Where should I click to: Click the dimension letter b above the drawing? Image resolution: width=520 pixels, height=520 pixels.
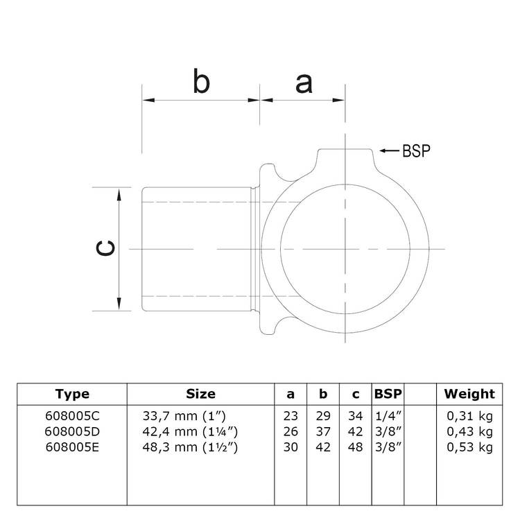pyautogui.click(x=200, y=83)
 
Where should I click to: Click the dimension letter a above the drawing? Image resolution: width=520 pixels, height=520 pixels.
pyautogui.click(x=303, y=83)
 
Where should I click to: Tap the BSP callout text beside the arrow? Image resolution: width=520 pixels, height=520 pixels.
pyautogui.click(x=417, y=150)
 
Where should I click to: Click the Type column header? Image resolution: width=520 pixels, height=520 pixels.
pyautogui.click(x=72, y=394)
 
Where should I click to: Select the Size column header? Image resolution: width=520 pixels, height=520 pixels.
pyautogui.click(x=200, y=394)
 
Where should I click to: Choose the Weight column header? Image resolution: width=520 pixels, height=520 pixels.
pyautogui.click(x=469, y=394)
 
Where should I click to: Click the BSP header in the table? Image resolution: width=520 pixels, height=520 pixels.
pyautogui.click(x=388, y=394)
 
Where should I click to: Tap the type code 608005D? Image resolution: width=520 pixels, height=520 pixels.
pyautogui.click(x=72, y=431)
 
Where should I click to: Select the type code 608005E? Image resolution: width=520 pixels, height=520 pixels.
pyautogui.click(x=72, y=447)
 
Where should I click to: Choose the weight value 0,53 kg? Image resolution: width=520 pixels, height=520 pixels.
pyautogui.click(x=469, y=447)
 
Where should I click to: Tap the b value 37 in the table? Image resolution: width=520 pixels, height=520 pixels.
pyautogui.click(x=322, y=431)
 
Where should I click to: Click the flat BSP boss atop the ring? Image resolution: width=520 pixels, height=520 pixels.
pyautogui.click(x=345, y=156)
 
